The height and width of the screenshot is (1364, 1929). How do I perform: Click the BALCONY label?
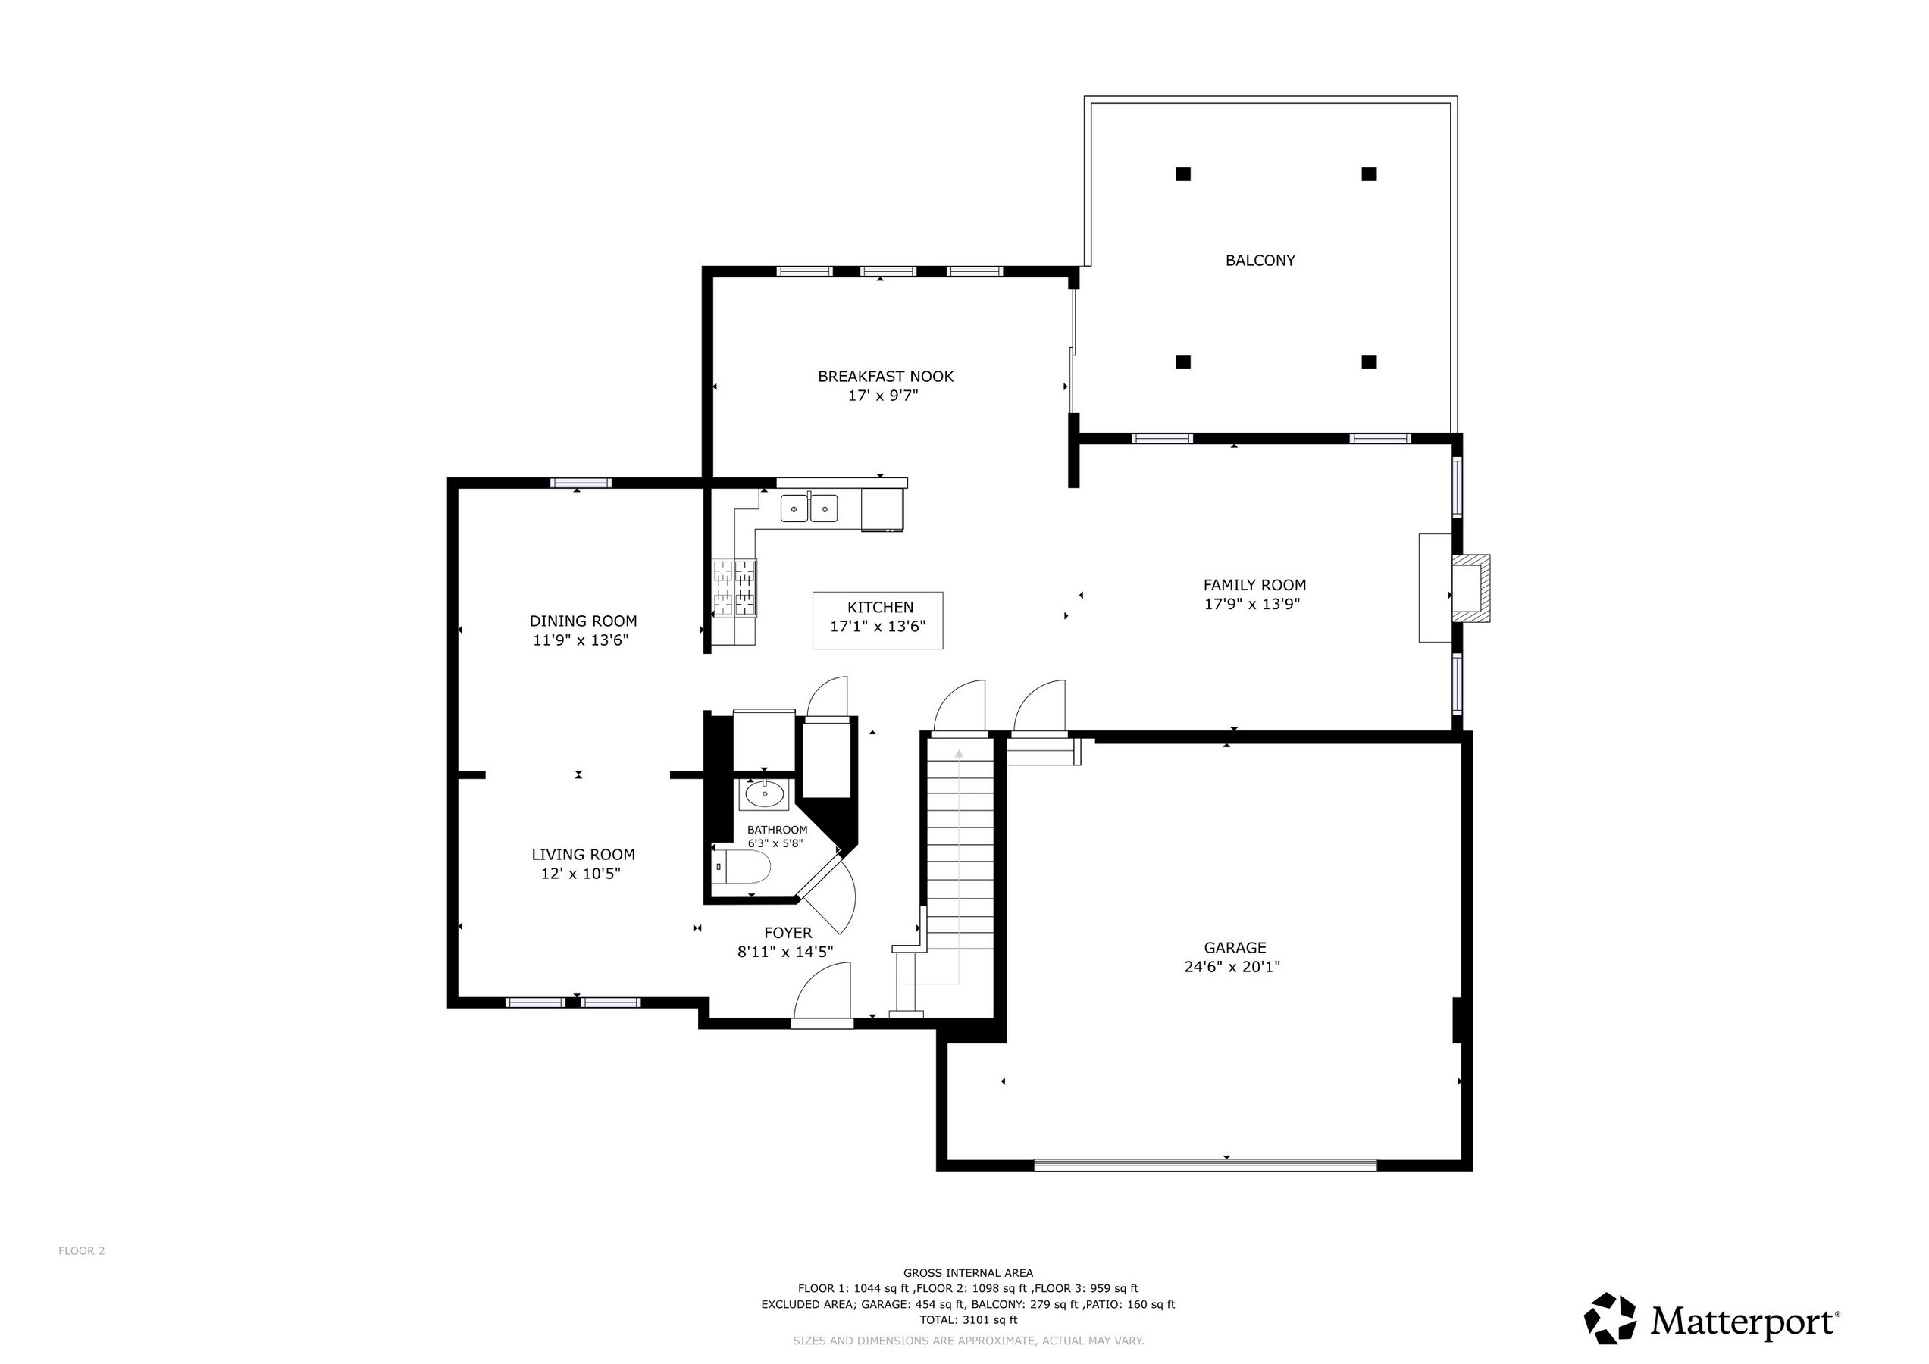1260,261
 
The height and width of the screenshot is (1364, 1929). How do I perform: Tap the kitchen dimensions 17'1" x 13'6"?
877,626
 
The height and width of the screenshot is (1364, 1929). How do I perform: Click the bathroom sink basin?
764,792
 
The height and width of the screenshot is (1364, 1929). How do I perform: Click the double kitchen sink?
809,509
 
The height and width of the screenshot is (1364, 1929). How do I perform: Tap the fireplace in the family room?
1471,587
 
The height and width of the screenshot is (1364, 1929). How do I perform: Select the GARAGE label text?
1233,947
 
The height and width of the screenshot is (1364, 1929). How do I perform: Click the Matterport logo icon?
1610,1318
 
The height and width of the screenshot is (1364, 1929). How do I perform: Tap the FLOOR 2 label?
82,1250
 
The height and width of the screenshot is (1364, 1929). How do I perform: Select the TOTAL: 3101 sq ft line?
968,1319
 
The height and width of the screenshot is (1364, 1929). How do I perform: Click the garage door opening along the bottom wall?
1205,1164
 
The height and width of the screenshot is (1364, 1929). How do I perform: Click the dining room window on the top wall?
581,482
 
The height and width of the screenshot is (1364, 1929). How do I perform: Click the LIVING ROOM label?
582,854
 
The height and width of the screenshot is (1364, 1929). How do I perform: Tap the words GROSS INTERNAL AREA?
968,1272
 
